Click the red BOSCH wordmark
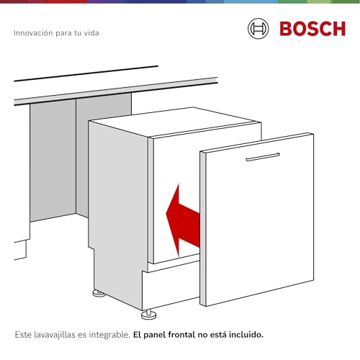pos(312,29)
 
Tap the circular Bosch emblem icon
pos(258,29)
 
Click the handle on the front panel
pos(262,157)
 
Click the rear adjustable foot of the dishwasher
pos(96,293)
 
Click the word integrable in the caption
pos(109,335)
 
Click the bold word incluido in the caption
pos(245,335)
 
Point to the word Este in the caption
pos(24,335)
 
